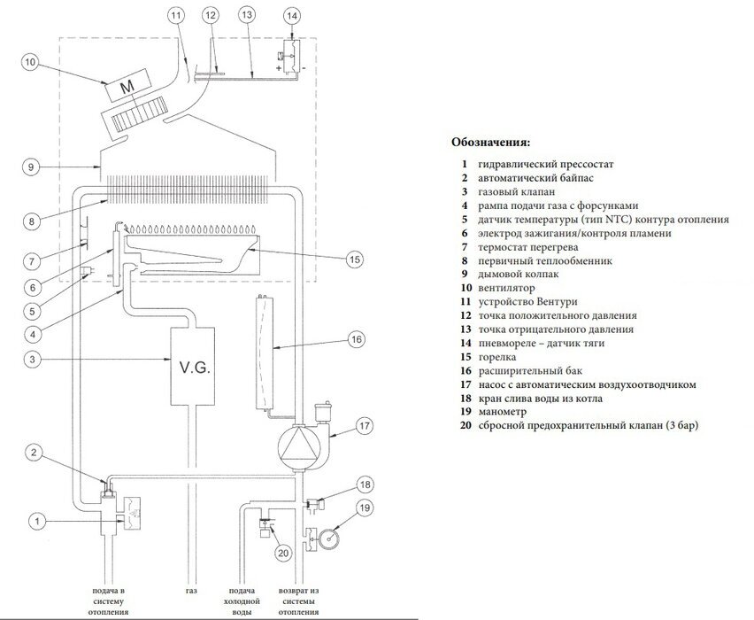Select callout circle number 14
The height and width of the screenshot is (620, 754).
point(292,15)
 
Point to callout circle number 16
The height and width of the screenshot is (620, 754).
point(355,339)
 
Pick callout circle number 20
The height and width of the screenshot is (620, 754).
point(283,554)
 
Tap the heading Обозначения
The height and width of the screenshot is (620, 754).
point(490,142)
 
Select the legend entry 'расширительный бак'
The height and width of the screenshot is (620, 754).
point(526,370)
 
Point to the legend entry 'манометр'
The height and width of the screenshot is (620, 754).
point(508,411)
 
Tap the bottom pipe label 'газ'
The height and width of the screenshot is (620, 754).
point(193,591)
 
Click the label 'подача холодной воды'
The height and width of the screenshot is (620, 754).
point(241,601)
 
